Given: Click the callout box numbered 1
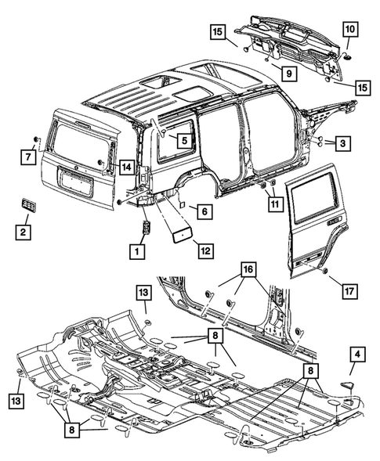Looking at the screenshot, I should [x=138, y=251].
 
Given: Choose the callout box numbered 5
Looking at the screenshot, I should [x=183, y=141].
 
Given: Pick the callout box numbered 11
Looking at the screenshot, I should [x=273, y=204].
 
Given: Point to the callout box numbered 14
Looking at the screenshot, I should [x=125, y=166].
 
